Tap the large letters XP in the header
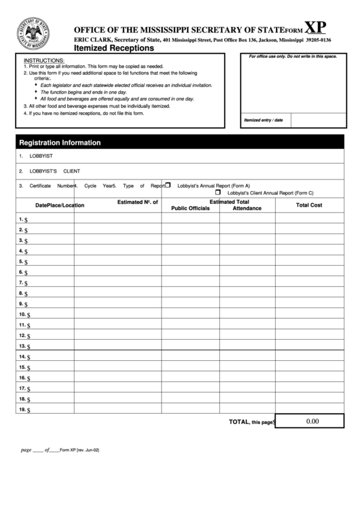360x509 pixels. point(314,27)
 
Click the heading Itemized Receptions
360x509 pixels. point(113,48)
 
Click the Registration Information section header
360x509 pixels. point(60,143)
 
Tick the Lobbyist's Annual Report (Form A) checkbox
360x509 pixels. point(168,185)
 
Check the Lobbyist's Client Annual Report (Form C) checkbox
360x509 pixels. point(218,192)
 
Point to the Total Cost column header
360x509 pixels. point(309,205)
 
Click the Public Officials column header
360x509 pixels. point(190,208)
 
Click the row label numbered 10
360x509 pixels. point(23,315)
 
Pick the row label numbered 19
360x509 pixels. point(23,410)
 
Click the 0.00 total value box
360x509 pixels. point(312,421)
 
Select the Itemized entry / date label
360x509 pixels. point(263,120)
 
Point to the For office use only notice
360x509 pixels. point(293,56)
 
